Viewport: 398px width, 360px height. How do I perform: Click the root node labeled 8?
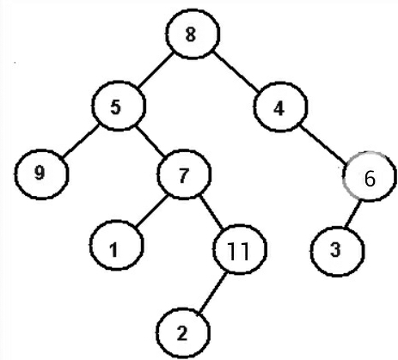click(x=193, y=34)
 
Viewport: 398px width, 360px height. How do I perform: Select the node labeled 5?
click(x=119, y=106)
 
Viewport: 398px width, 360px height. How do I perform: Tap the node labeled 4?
click(x=280, y=107)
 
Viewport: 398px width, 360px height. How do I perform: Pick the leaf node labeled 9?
click(x=41, y=174)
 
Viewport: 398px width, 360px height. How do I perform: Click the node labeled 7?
click(x=184, y=174)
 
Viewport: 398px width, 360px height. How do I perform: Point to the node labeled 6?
click(x=370, y=176)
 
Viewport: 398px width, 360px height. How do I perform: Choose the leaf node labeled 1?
click(x=116, y=245)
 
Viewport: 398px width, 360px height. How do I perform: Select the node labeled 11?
click(x=240, y=249)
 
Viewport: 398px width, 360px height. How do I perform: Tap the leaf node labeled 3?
click(x=337, y=251)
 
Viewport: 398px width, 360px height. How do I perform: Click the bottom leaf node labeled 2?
click(x=183, y=333)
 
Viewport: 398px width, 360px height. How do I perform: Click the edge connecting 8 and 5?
click(x=156, y=70)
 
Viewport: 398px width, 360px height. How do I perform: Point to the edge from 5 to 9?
click(x=80, y=140)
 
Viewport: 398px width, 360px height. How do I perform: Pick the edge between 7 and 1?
click(x=150, y=211)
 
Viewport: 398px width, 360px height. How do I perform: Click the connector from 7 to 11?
click(x=213, y=212)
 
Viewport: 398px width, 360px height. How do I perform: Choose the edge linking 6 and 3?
click(x=352, y=214)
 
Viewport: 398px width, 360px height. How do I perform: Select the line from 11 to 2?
click(x=212, y=292)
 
